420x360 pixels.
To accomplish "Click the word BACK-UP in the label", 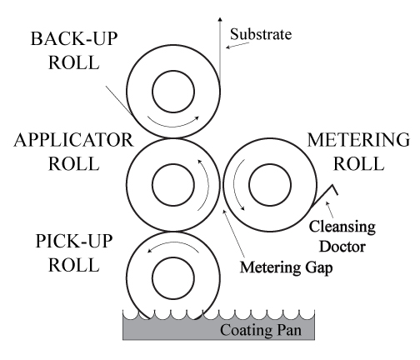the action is (74, 38).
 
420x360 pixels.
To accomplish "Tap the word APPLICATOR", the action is (74, 140).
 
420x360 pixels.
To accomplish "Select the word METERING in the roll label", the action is (358, 140).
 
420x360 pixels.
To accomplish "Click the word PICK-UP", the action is (74, 241).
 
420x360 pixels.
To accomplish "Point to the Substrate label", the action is (261, 34).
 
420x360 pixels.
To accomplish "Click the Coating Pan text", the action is (261, 330).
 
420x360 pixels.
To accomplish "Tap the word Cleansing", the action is (342, 227).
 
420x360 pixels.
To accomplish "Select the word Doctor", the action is (342, 247).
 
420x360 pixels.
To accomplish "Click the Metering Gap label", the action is (286, 267).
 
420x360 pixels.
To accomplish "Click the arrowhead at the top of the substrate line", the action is (220, 19).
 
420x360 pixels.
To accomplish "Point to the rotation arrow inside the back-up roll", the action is (173, 127).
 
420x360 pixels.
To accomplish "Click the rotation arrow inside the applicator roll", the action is (208, 185).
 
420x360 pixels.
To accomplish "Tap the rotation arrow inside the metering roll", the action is (234, 185).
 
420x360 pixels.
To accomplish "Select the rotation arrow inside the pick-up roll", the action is (173, 242).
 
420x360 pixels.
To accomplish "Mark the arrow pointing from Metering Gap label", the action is (234, 233).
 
